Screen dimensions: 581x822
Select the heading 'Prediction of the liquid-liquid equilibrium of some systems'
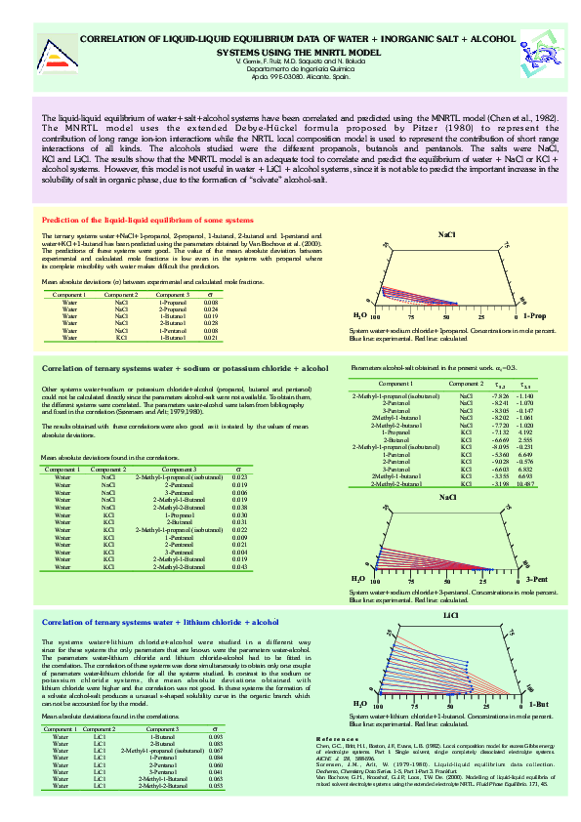coord(146,221)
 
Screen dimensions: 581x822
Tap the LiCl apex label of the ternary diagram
coord(450,616)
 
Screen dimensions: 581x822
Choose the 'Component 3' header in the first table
coord(172,294)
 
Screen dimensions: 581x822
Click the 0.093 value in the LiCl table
coord(215,736)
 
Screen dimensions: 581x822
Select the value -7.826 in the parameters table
coord(501,395)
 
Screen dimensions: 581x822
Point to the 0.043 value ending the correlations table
coord(239,566)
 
